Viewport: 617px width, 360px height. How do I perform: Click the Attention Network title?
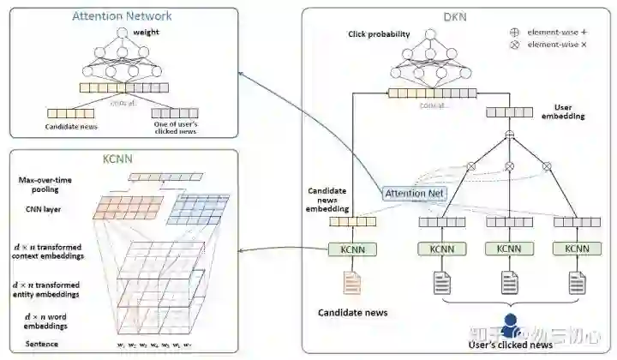pyautogui.click(x=122, y=15)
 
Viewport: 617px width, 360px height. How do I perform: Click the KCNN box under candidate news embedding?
pyautogui.click(x=352, y=249)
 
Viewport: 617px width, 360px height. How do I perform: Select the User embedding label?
pyautogui.click(x=563, y=112)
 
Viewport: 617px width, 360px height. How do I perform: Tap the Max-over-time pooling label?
pyautogui.click(x=45, y=184)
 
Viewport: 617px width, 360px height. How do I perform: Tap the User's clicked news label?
pyautogui.click(x=509, y=344)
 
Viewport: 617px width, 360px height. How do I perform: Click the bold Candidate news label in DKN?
pyautogui.click(x=353, y=313)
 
